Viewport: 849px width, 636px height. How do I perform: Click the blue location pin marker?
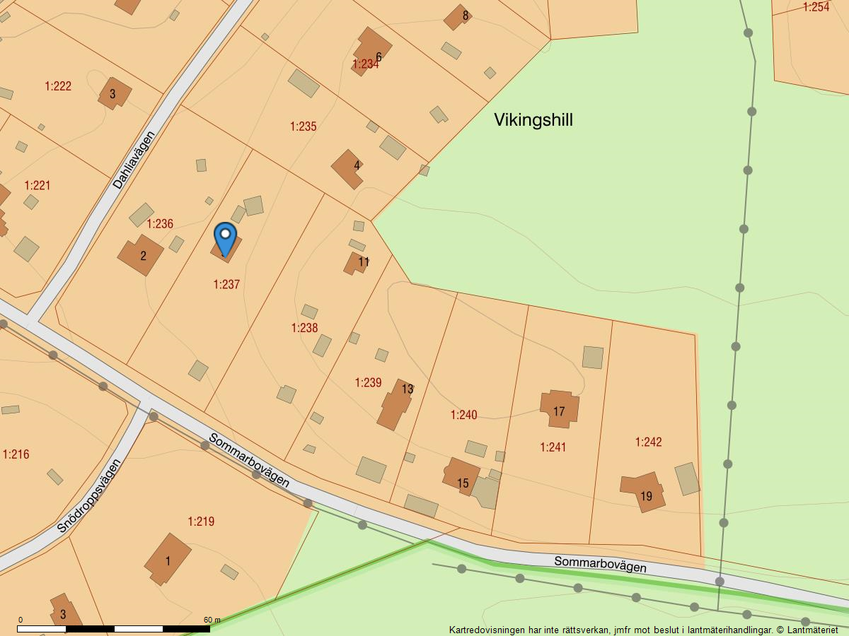[225, 238]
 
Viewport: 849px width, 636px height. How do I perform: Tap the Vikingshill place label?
[533, 120]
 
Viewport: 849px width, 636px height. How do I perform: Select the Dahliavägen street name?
[133, 160]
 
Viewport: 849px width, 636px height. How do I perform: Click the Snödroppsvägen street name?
[89, 496]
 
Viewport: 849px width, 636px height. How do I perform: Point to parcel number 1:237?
[226, 285]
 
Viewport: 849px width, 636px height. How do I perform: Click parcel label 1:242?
[648, 442]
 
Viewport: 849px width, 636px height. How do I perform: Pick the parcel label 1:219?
[201, 522]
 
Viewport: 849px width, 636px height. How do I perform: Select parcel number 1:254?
[816, 7]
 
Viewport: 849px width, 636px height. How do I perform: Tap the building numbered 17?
[559, 409]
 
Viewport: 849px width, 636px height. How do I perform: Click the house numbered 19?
[644, 493]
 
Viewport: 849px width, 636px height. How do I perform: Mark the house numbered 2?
[141, 255]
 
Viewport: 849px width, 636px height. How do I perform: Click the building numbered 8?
[458, 17]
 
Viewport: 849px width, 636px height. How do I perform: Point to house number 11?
[357, 263]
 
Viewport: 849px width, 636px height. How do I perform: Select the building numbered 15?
[461, 477]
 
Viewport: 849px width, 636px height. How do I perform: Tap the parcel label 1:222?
[58, 86]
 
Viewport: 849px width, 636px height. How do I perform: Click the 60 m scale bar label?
[212, 620]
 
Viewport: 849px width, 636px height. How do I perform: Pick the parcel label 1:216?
[16, 454]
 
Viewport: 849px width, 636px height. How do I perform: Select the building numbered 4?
[348, 168]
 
